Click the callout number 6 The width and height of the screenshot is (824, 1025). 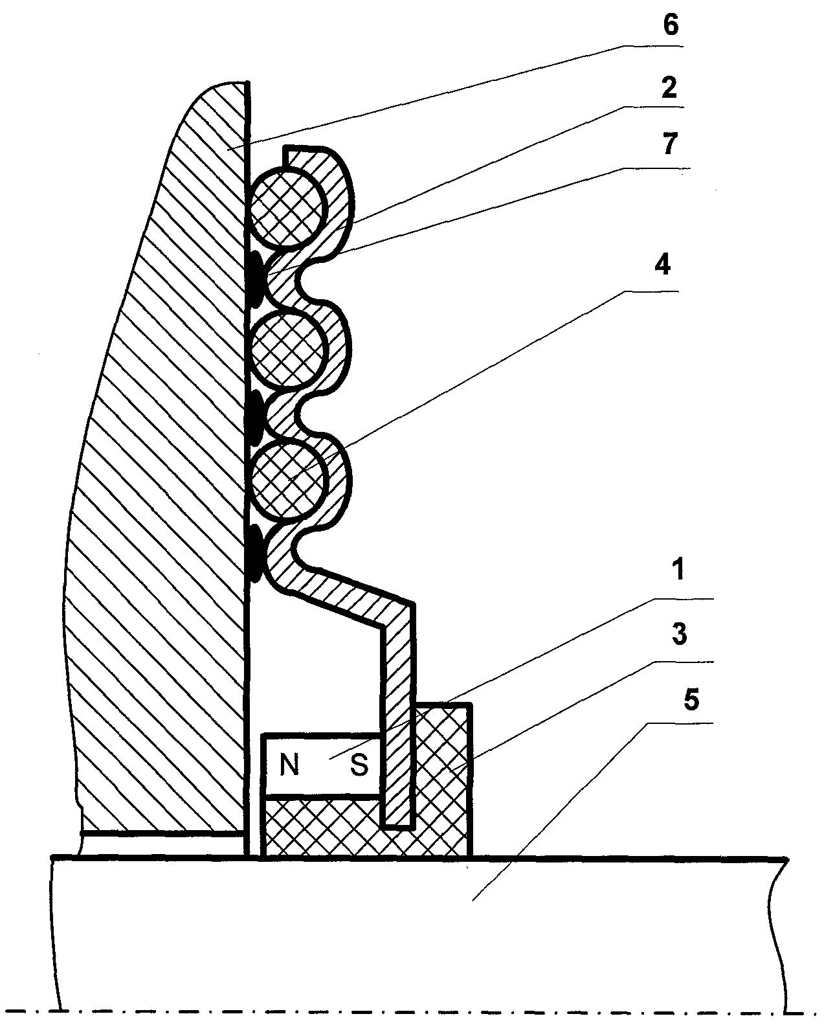pyautogui.click(x=670, y=25)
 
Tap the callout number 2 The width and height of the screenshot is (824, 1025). pyautogui.click(x=669, y=88)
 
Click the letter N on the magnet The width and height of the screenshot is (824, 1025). pyautogui.click(x=289, y=765)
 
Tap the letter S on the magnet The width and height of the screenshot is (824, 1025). pyautogui.click(x=360, y=765)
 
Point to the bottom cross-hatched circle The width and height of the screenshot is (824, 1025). pyautogui.click(x=289, y=479)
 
